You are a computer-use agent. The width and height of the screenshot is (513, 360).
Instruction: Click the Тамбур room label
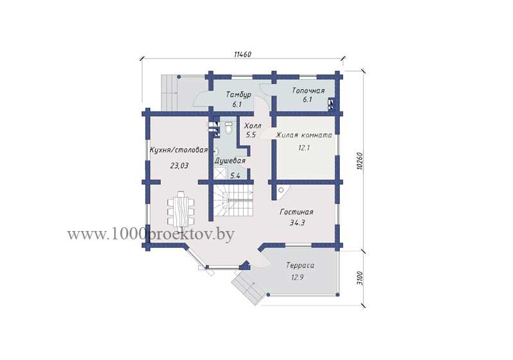pos(239,94)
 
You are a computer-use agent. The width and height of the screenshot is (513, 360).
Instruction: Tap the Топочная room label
pos(308,90)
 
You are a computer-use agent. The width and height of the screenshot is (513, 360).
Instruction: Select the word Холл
pos(253,126)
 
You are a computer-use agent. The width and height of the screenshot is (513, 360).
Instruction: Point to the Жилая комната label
pos(304,135)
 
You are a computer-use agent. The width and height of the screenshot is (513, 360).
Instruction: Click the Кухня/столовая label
pos(179,150)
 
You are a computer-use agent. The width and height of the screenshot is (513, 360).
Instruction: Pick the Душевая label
pos(230,161)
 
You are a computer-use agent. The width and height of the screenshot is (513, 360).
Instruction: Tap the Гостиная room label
pos(296,212)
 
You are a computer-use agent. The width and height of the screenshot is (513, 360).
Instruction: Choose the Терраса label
pos(300,265)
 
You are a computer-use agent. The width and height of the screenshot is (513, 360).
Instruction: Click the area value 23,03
pos(180,166)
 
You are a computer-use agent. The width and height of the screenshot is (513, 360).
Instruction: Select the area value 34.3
pos(297,223)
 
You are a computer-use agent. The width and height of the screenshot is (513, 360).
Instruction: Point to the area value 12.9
pos(298,277)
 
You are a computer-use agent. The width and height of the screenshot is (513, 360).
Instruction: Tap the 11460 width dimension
pos(242,55)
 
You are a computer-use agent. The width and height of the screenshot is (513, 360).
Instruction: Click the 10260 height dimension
pos(360,160)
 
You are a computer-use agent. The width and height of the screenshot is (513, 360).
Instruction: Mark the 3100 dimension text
pos(360,279)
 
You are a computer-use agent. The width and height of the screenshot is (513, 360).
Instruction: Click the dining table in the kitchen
pos(181,209)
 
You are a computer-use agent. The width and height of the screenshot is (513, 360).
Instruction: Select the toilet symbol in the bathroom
pos(228,128)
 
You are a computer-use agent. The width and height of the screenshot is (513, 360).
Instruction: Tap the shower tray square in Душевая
pos(220,173)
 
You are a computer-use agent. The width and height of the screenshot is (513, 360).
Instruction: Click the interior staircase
pos(233,200)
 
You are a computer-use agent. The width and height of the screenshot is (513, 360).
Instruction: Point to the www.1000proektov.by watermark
pos(151,234)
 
